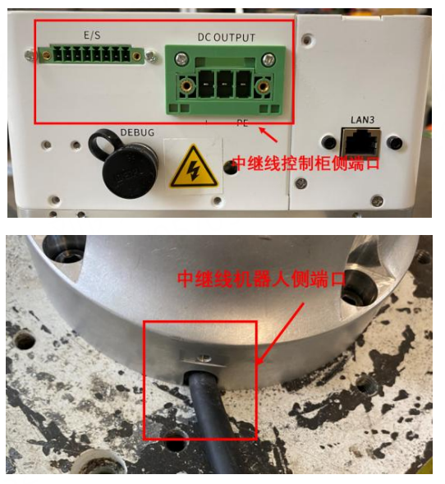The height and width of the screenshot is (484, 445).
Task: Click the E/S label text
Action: pos(92,35)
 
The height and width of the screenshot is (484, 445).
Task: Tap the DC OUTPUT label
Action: pos(227,37)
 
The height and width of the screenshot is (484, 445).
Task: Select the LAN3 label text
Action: pos(362,120)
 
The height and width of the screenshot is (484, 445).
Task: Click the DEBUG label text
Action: pos(137,132)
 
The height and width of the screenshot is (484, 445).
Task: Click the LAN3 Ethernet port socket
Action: pos(360,143)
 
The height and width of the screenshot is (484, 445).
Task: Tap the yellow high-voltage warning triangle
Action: pos(194,167)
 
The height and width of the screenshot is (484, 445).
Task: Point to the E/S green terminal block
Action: pos(92,55)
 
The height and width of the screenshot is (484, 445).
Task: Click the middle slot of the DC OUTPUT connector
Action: pos(224,84)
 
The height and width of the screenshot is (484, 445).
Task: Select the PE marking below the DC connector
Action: pos(242,123)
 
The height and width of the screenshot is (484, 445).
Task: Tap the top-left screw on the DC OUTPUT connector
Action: pos(181,59)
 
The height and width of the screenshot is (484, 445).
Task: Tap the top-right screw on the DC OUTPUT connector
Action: pos(268,59)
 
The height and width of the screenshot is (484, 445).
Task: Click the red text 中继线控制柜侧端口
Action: pos(305,163)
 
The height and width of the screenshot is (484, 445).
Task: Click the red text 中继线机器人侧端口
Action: pos(262,279)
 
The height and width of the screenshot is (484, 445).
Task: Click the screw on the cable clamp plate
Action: pos(204,358)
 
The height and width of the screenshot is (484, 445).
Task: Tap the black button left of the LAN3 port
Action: pos(328,142)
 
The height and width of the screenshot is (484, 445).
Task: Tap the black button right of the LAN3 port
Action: pos(395,143)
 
